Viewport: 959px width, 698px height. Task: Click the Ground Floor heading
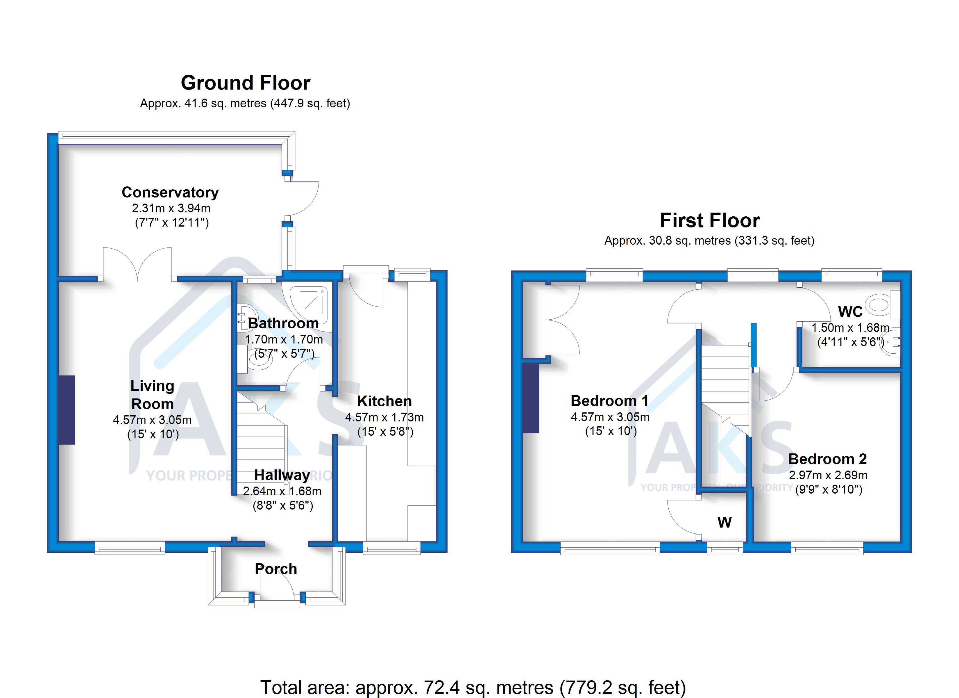pyautogui.click(x=245, y=83)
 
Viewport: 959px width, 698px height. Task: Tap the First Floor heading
pyautogui.click(x=710, y=220)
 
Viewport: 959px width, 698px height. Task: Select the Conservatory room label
pyautogui.click(x=170, y=193)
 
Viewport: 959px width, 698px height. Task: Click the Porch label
pyautogui.click(x=276, y=569)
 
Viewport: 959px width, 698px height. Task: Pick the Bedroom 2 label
pyautogui.click(x=827, y=459)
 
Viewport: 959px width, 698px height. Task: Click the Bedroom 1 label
pyautogui.click(x=609, y=401)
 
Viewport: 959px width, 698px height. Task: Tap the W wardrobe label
pyautogui.click(x=724, y=522)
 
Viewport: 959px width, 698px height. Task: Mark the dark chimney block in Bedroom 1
pyautogui.click(x=531, y=398)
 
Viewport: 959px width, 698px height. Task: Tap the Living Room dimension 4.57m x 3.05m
pyautogui.click(x=152, y=420)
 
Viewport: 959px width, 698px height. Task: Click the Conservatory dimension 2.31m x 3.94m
pyautogui.click(x=171, y=208)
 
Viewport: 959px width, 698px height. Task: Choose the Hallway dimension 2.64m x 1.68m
pyautogui.click(x=282, y=491)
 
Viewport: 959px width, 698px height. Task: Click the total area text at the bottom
pyautogui.click(x=473, y=688)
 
